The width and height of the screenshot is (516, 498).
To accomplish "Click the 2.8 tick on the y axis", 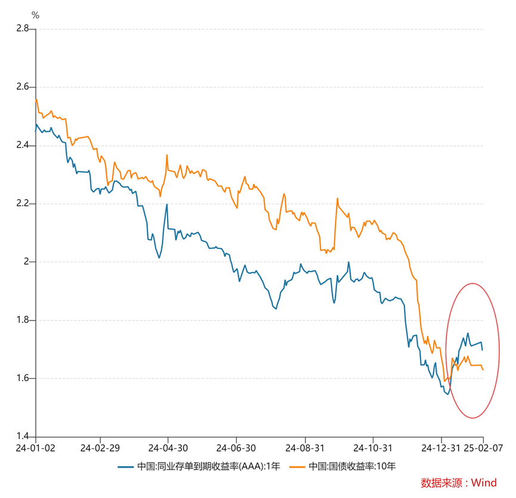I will click(23, 28).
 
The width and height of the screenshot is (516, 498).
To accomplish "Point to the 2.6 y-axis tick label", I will click(23, 86).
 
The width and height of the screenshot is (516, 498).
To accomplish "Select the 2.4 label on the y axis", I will click(23, 145).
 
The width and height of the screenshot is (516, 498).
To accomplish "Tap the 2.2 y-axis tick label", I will click(23, 203).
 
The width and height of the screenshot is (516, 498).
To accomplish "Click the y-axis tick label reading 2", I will click(26, 262).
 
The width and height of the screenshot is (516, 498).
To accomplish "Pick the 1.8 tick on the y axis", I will click(23, 320).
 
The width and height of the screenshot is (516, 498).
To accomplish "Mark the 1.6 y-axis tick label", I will click(23, 378).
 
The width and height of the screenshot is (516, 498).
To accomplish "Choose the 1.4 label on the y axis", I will click(23, 437).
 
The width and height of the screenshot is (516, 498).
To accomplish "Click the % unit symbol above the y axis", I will click(35, 15).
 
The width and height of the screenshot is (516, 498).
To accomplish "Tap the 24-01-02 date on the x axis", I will click(36, 447).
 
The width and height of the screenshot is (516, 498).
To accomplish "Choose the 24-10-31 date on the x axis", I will click(372, 447).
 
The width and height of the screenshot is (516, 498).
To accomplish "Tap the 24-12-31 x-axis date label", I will click(440, 447).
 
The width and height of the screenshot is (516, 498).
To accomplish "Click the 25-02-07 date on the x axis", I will click(483, 447).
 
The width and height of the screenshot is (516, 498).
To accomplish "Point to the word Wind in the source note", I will click(484, 483).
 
